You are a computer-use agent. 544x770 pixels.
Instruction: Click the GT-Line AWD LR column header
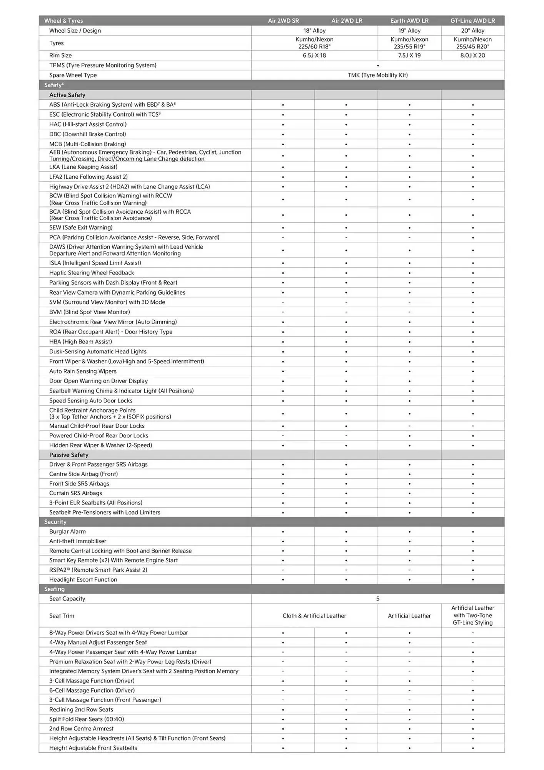[x=472, y=21]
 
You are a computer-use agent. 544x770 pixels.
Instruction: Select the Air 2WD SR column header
[x=283, y=21]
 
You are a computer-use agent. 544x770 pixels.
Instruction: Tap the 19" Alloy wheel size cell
[x=409, y=31]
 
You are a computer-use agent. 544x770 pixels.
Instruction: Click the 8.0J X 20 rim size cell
[x=472, y=55]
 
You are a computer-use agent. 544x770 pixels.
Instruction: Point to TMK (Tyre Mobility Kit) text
[x=377, y=75]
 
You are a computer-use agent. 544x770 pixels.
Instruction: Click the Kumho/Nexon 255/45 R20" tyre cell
[x=472, y=43]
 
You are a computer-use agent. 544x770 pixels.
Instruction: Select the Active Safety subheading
[x=67, y=95]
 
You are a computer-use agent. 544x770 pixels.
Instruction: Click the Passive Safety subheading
[x=69, y=455]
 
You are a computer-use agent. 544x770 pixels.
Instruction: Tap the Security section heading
[x=55, y=522]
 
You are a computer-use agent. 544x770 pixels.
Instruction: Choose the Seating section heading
[x=54, y=589]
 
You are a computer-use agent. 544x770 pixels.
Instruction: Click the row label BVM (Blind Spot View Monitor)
[x=89, y=312]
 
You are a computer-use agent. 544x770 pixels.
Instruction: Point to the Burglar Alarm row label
[x=67, y=531]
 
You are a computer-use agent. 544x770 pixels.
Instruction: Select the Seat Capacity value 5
[x=377, y=599]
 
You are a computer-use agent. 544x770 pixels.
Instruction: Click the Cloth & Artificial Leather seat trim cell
[x=314, y=616]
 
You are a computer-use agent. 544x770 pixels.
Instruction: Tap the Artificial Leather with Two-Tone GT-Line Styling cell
[x=472, y=615]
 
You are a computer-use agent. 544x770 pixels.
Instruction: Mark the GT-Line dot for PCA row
[x=473, y=238]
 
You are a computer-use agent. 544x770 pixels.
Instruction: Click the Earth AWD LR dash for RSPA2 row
[x=409, y=570]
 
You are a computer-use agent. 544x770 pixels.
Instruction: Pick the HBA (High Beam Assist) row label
[x=80, y=341]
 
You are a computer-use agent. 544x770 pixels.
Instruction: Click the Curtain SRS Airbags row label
[x=75, y=493]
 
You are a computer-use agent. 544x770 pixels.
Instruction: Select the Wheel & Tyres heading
[x=63, y=21]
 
